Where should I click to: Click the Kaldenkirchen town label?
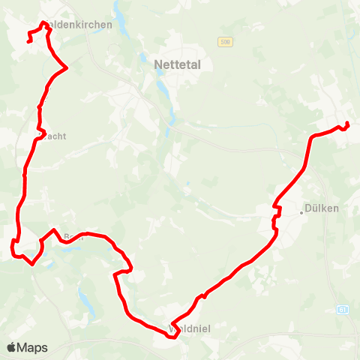tap(78, 25)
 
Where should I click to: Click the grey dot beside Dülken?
tap(301, 211)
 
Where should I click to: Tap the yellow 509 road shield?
tap(226, 43)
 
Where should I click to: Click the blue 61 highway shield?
tap(343, 309)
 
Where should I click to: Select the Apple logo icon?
tap(12, 347)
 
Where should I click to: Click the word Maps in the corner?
tap(32, 347)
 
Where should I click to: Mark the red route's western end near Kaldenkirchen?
tap(28, 41)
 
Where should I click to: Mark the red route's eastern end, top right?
tap(348, 124)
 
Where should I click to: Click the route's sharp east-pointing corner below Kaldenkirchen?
tap(67, 68)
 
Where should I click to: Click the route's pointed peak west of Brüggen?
tap(53, 229)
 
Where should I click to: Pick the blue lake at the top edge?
tap(120, 13)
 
